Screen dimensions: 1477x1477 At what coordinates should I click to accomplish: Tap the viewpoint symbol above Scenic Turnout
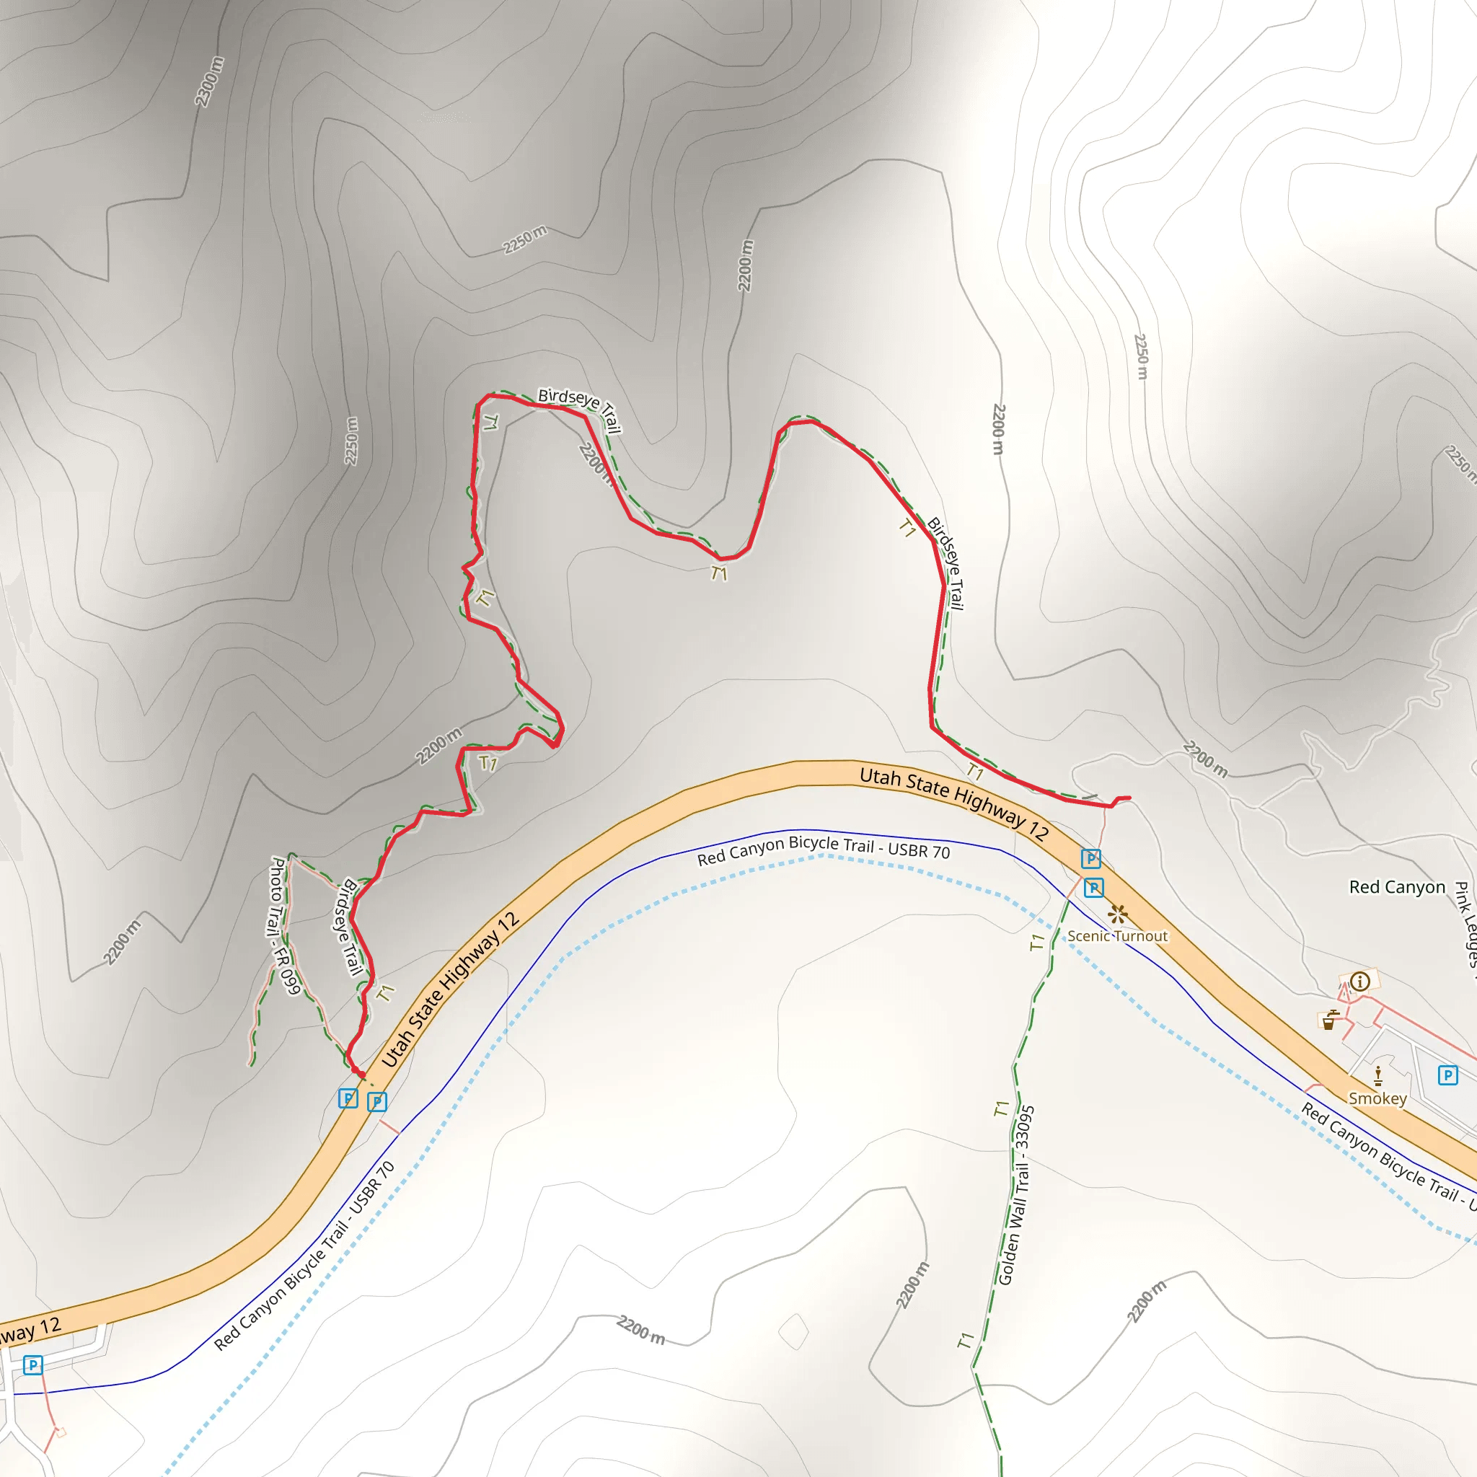(x=1118, y=914)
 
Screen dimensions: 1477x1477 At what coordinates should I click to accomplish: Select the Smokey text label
(x=1377, y=1098)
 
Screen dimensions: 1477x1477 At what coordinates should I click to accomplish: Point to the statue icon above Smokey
(x=1377, y=1075)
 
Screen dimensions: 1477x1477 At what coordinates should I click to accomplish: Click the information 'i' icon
(x=1359, y=981)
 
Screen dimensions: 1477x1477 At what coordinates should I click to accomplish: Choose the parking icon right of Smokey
(x=1447, y=1075)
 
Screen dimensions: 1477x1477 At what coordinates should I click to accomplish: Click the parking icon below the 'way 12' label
(x=33, y=1364)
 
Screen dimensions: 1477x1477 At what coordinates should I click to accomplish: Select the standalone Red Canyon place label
(x=1397, y=887)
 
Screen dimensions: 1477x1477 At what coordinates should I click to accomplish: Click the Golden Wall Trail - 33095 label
(x=1016, y=1194)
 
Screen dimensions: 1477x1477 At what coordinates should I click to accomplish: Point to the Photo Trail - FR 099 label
(x=281, y=926)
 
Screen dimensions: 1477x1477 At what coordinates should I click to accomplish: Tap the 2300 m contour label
(x=208, y=81)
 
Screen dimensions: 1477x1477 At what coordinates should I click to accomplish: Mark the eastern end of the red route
(x=1129, y=798)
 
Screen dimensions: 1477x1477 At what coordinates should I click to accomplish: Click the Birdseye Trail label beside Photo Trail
(x=348, y=927)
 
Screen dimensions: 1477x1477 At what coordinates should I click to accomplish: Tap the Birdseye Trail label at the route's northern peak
(x=580, y=409)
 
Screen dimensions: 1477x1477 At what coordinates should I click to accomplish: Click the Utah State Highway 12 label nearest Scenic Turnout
(x=953, y=803)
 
